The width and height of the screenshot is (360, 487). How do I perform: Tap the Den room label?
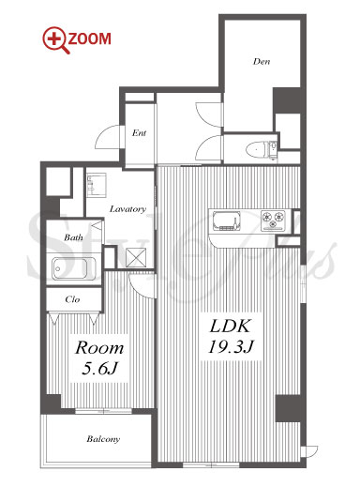262,61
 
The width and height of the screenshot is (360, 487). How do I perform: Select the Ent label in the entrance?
139,133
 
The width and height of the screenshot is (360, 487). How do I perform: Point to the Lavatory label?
127,208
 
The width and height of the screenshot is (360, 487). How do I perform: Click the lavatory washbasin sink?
97,185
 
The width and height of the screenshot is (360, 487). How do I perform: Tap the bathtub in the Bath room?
74,268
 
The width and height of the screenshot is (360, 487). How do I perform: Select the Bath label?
73,237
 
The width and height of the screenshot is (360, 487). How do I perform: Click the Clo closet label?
72,299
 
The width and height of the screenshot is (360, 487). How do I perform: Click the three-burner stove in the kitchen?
274,220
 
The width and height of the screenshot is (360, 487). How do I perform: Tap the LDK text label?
230,327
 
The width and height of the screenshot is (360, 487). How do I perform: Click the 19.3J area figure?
231,346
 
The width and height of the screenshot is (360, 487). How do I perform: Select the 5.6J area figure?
99,369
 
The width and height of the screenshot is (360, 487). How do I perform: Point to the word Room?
99,348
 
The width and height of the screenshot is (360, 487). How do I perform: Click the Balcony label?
103,439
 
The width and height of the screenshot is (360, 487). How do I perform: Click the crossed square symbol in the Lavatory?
136,257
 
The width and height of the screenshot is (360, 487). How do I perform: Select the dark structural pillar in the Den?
287,100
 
